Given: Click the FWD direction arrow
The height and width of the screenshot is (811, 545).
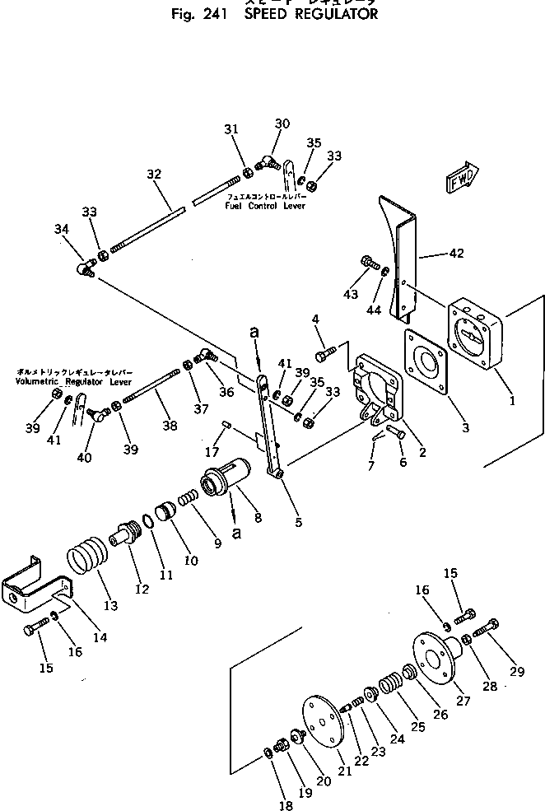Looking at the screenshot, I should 463,179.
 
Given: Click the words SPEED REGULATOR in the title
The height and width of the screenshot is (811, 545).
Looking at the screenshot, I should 311,15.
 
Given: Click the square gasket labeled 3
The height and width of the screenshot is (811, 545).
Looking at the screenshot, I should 430,362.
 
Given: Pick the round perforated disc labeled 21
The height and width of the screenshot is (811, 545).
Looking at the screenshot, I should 322,724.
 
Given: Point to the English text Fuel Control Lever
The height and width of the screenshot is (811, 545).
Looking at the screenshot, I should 265,206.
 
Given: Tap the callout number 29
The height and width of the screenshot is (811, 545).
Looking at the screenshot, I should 516,672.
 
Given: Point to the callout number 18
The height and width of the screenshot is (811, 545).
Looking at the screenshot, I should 285,806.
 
